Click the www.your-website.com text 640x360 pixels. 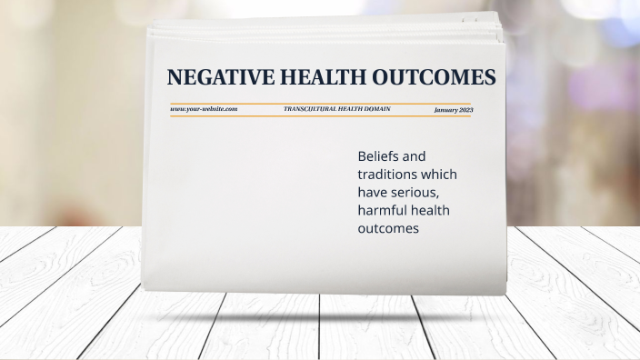[x=204, y=109]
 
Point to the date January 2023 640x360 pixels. [x=453, y=110]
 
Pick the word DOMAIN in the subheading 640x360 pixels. [x=377, y=109]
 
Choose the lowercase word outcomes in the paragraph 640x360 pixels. [x=388, y=229]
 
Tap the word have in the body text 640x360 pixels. [x=374, y=193]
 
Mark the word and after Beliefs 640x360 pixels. [x=414, y=156]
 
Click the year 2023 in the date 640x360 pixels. [x=465, y=110]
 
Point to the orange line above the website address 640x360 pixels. [x=318, y=104]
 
